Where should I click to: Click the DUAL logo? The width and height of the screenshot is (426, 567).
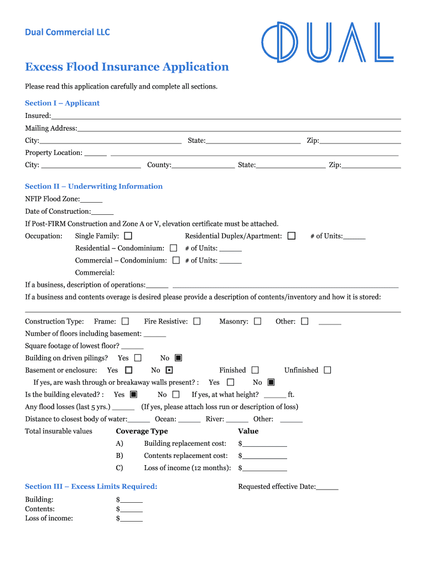click(327, 42)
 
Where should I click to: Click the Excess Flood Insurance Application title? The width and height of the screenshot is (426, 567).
click(127, 67)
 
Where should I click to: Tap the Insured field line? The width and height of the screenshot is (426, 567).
click(226, 116)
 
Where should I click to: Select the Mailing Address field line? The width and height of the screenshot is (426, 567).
click(239, 128)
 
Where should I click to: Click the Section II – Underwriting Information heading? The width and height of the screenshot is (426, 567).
click(93, 187)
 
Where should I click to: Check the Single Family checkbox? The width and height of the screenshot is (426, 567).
click(128, 236)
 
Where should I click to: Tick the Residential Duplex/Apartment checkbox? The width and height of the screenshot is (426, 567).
click(292, 236)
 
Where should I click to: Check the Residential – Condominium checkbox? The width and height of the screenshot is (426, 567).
click(173, 248)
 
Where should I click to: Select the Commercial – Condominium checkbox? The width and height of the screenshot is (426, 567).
click(176, 260)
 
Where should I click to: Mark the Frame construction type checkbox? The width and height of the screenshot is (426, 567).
click(125, 321)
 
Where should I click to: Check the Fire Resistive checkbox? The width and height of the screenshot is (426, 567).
click(196, 321)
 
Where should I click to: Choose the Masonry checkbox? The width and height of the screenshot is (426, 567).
click(257, 321)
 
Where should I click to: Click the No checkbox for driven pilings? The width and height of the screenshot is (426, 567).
click(178, 358)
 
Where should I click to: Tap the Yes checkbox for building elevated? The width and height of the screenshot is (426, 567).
click(133, 395)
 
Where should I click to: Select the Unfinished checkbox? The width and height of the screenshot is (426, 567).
click(328, 370)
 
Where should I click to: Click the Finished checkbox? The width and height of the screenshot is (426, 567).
click(255, 370)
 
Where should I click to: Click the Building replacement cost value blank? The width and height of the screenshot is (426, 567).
click(264, 444)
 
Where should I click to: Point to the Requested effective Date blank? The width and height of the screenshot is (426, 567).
click(327, 487)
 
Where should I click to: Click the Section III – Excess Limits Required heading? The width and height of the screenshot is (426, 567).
click(91, 487)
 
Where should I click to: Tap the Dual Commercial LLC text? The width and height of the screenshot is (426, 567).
click(67, 32)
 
